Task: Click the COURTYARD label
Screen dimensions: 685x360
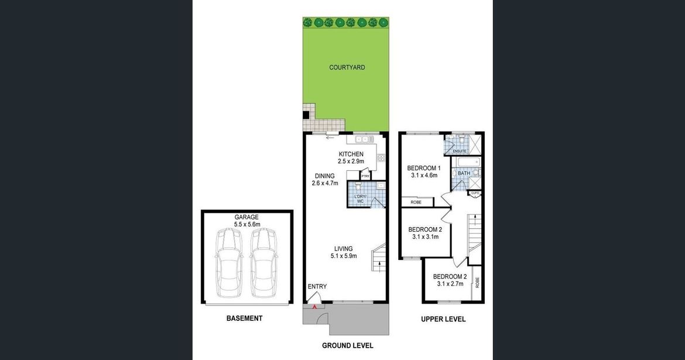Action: coord(347,67)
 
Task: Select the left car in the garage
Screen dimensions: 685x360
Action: coord(228,263)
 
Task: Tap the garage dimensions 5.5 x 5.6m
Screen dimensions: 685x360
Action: coord(247,225)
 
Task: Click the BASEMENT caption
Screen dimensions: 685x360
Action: coord(244,318)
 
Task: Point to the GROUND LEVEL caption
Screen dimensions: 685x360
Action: coord(348,345)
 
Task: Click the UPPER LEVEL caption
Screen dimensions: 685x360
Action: coord(443,319)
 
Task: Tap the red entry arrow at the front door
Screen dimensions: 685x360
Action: coord(314,307)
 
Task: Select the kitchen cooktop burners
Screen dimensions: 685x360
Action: coord(381,157)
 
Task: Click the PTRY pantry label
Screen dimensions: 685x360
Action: coord(365,176)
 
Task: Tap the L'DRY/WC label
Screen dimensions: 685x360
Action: coord(361,199)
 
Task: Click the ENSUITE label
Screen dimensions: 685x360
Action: coord(459,151)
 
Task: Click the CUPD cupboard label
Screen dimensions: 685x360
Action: coord(475,193)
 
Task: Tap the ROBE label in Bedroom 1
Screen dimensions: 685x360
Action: coord(416,203)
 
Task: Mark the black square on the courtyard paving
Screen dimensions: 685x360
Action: coord(306,115)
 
